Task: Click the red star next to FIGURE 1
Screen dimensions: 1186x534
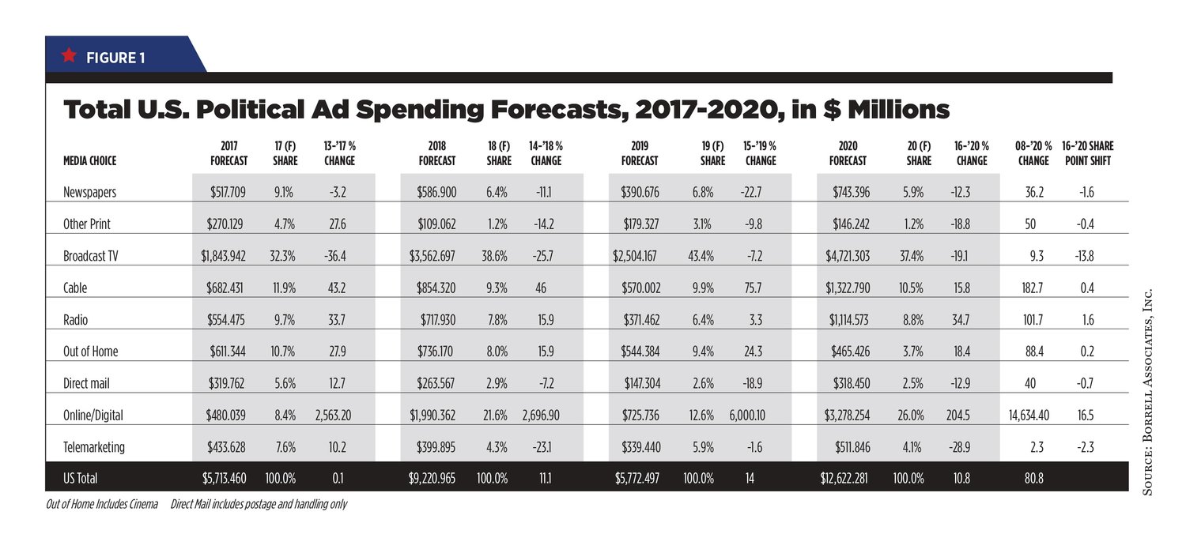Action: pos(69,55)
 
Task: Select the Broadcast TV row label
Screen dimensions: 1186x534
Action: pos(91,256)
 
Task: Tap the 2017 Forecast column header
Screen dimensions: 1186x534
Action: pos(229,153)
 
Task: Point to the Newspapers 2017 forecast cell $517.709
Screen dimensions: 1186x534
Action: pos(228,192)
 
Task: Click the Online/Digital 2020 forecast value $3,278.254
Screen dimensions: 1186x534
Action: pos(847,416)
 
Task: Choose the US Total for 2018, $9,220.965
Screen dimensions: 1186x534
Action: pos(432,479)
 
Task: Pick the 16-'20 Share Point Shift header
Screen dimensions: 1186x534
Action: pos(1087,153)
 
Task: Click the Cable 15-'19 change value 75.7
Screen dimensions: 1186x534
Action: pos(753,288)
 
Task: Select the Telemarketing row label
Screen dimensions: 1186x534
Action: pos(94,447)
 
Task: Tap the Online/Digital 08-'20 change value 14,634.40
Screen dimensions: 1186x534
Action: pos(1029,416)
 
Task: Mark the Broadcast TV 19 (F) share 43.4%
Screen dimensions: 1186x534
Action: pos(701,256)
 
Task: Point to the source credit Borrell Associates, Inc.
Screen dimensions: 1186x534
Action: pos(1147,392)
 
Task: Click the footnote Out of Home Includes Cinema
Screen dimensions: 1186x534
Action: pos(102,504)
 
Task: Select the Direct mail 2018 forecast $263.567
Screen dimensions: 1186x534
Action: pos(436,383)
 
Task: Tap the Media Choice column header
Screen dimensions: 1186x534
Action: pos(89,161)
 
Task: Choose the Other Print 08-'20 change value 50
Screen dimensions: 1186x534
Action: pos(1029,224)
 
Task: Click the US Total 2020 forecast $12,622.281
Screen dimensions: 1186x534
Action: pos(844,479)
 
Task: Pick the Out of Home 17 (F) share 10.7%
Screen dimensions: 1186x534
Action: pos(283,352)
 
